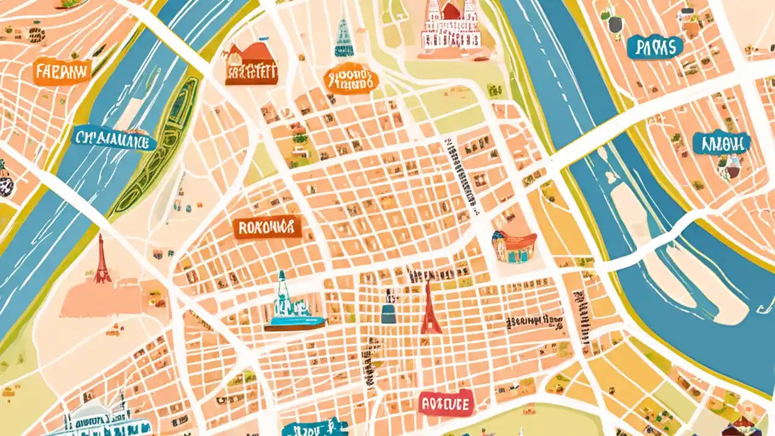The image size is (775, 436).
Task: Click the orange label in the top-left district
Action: pyautogui.click(x=62, y=72)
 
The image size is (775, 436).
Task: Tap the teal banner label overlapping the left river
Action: pyautogui.click(x=114, y=139)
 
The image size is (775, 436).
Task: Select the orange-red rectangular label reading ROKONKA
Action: pyautogui.click(x=267, y=227)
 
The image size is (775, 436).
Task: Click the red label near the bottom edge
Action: pyautogui.click(x=446, y=404)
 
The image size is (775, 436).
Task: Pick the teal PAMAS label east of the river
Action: pyautogui.click(x=655, y=47)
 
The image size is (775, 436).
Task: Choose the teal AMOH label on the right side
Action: pyautogui.click(x=721, y=143)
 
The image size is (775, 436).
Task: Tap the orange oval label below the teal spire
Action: pyautogui.click(x=351, y=81)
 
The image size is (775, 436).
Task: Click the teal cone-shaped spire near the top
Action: pyautogui.click(x=344, y=38)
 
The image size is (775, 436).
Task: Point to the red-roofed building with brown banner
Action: pyautogui.click(x=251, y=64)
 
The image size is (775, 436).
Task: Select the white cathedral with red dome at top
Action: pyautogui.click(x=452, y=24)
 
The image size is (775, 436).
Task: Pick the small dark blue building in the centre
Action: pyautogui.click(x=389, y=310)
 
